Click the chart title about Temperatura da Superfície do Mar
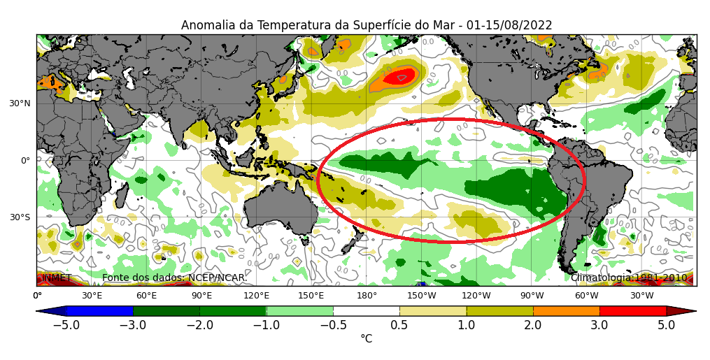coord(367,25)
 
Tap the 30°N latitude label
coord(20,103)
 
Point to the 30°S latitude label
coord(20,217)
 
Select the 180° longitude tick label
coord(367,296)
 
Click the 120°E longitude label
coord(257,296)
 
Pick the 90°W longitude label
coord(532,296)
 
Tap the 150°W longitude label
coord(422,296)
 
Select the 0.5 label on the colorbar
coord(399,325)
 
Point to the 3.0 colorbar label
coord(599,325)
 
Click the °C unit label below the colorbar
coord(366,339)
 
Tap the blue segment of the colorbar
coord(99,310)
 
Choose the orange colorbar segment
coord(566,310)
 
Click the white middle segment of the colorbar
coord(366,310)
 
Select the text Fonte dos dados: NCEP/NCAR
coord(174,278)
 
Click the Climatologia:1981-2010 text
coord(630,278)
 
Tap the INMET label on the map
coord(57,278)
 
